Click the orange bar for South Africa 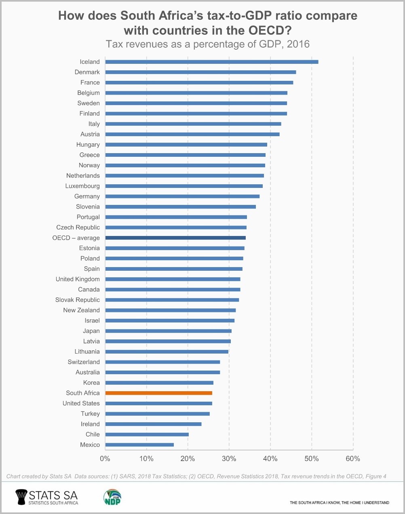tap(158, 393)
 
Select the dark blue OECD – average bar tap(175, 238)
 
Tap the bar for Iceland tap(211, 62)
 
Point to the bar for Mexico tap(139, 444)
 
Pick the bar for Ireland tap(153, 424)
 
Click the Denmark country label tap(87, 72)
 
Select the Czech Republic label tap(78, 228)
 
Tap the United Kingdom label tap(78, 279)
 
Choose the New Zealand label tap(81, 310)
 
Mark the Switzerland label tap(84, 362)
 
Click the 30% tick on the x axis tap(229, 459)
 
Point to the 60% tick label tap(353, 459)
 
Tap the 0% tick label tap(105, 459)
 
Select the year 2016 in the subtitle tap(298, 44)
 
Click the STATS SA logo tap(46, 497)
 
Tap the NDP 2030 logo tap(112, 497)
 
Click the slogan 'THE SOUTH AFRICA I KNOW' tap(315, 503)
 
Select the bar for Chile tap(147, 434)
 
